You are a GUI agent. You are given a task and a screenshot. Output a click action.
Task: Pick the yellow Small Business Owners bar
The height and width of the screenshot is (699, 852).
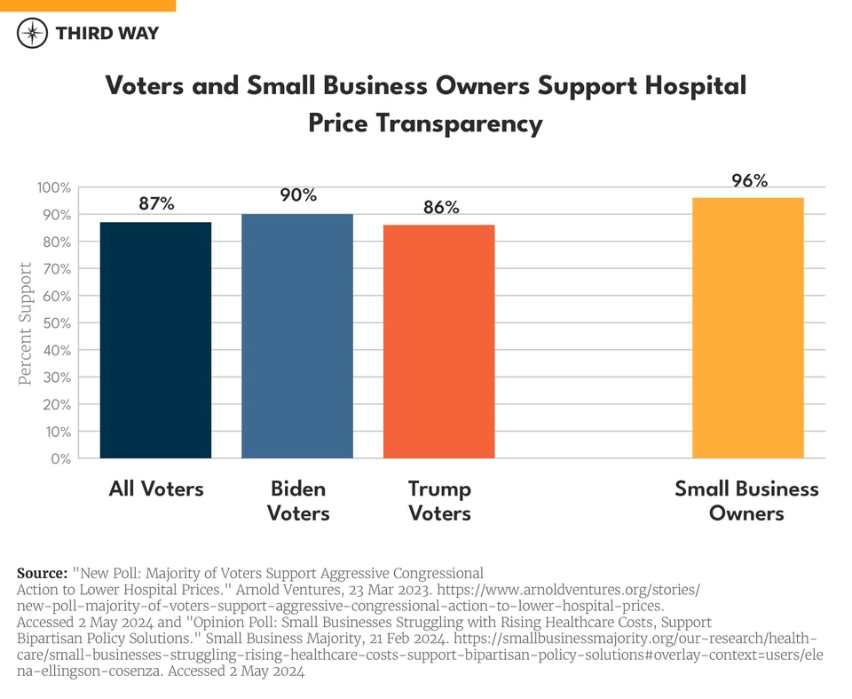click(x=747, y=328)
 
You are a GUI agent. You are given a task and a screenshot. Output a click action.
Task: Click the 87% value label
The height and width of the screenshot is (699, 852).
click(x=156, y=203)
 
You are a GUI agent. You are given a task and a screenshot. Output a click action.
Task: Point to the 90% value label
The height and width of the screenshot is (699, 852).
click(x=298, y=195)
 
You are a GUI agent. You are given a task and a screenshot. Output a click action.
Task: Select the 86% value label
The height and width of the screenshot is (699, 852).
click(x=440, y=207)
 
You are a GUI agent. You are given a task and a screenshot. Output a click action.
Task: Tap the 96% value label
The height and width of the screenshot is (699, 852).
click(x=748, y=180)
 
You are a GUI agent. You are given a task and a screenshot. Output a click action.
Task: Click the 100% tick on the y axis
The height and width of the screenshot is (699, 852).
click(x=53, y=187)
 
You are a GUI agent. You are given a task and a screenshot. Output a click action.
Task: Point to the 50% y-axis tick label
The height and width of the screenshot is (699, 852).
click(x=55, y=323)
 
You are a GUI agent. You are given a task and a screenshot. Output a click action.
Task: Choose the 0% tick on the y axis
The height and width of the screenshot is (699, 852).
click(x=59, y=458)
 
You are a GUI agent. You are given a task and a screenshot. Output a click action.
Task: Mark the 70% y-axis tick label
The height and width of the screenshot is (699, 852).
click(x=55, y=269)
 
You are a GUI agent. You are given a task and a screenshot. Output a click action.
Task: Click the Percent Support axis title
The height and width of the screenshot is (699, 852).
click(x=26, y=323)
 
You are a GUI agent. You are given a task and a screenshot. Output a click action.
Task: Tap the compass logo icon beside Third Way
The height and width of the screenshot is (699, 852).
click(x=33, y=34)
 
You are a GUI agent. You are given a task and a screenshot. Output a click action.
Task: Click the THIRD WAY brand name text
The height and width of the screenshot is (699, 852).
click(x=106, y=34)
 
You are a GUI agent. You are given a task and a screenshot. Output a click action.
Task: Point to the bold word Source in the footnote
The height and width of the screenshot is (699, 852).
click(x=42, y=573)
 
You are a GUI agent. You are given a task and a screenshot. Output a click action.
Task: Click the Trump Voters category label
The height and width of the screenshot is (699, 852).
click(x=439, y=501)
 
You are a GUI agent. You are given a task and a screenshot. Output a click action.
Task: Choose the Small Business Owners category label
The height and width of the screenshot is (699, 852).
click(x=746, y=501)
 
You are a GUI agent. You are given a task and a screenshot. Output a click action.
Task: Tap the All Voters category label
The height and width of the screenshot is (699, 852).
click(x=156, y=489)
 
